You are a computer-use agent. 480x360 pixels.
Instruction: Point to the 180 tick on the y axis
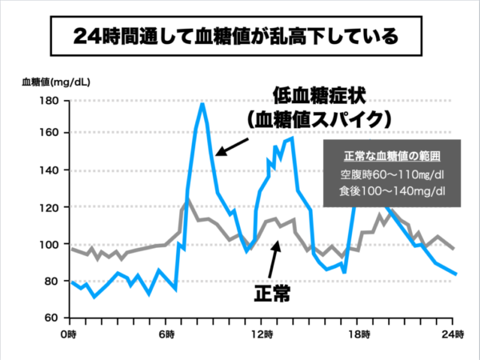click(50, 101)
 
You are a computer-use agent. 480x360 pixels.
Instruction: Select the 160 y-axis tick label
click(50, 133)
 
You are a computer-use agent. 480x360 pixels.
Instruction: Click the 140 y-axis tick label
click(50, 170)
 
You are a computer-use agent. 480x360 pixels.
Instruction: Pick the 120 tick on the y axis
click(50, 207)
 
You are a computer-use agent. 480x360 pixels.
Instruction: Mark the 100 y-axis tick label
click(50, 244)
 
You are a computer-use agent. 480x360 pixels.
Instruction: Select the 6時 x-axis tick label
click(166, 333)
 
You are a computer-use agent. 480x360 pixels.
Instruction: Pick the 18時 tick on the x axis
click(356, 333)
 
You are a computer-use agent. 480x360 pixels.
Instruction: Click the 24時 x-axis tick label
click(454, 333)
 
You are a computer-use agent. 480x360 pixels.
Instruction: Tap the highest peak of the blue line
click(202, 103)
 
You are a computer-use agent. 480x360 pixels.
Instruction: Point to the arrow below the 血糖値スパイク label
click(232, 146)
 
